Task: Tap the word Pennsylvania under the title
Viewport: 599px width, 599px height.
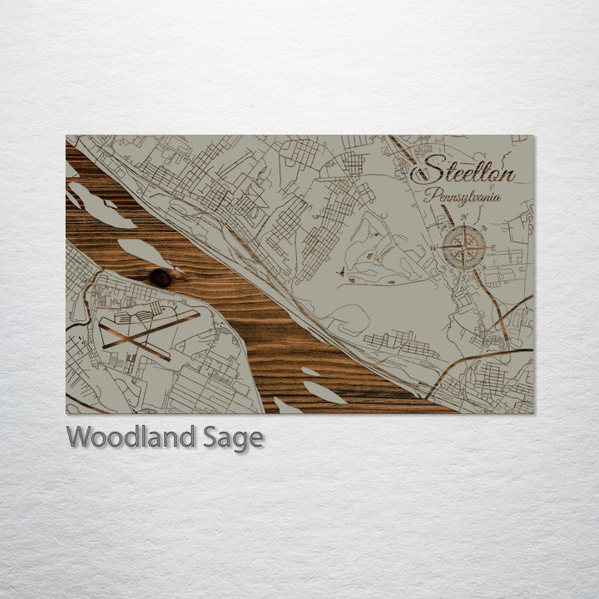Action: [x=462, y=198]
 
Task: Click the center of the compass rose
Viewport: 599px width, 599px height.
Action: [x=463, y=246]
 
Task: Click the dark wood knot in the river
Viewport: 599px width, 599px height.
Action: [x=161, y=278]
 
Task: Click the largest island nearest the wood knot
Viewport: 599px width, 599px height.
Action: [x=145, y=252]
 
